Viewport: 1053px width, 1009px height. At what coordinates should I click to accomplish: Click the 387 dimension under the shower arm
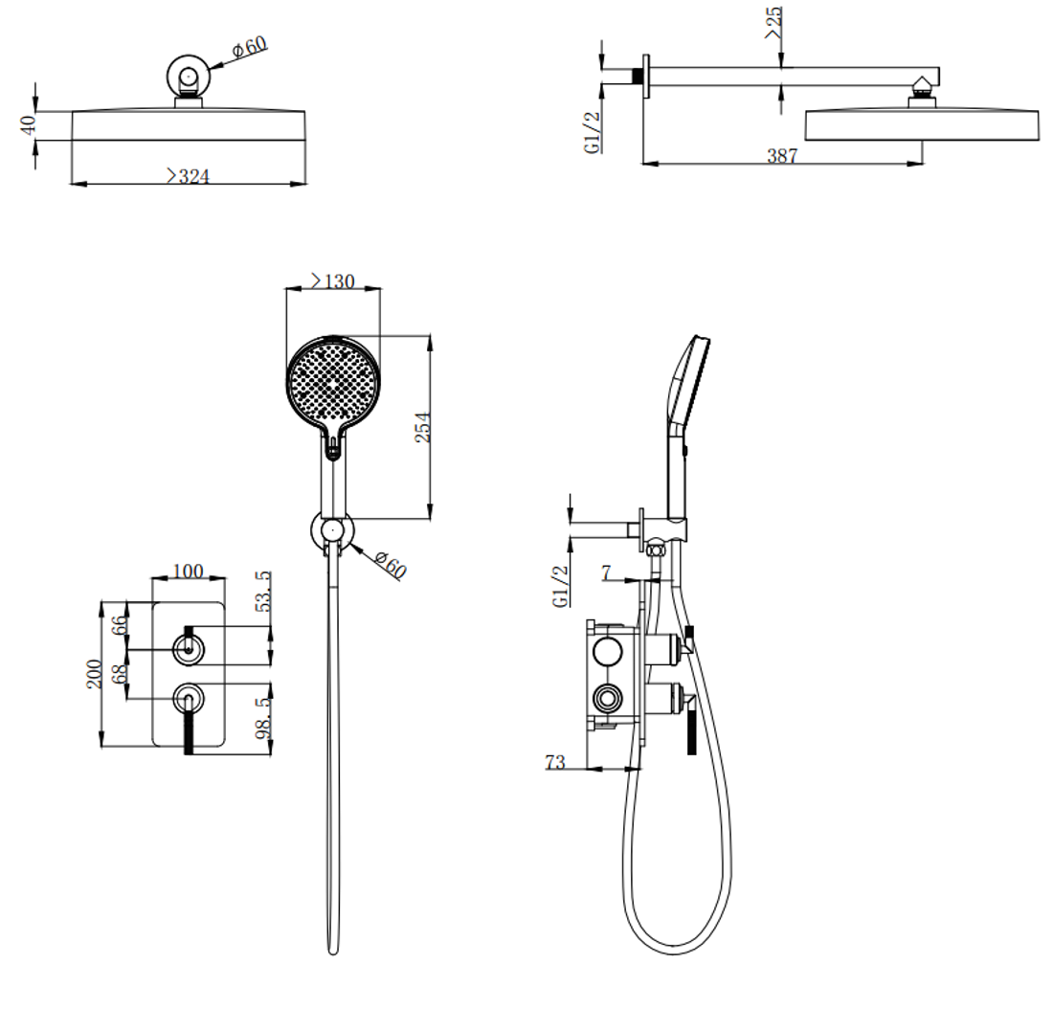click(782, 156)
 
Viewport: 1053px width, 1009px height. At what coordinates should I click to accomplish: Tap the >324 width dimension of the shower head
click(188, 176)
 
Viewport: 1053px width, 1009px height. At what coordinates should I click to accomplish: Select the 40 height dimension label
click(28, 125)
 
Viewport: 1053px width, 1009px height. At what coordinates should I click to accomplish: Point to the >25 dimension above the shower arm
click(773, 22)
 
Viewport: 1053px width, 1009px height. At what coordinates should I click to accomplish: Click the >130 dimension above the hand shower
click(332, 280)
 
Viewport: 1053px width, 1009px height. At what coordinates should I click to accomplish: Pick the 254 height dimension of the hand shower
click(422, 427)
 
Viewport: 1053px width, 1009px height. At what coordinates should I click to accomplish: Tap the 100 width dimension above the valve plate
click(188, 571)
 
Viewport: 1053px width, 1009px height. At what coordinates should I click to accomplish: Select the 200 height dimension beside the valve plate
click(94, 674)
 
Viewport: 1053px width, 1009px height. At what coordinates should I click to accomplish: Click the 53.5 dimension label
click(264, 592)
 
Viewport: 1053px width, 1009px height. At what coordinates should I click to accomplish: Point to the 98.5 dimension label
click(264, 718)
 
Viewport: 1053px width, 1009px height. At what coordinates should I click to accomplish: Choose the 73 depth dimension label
click(554, 762)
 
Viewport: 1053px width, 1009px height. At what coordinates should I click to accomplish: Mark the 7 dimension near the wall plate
click(606, 572)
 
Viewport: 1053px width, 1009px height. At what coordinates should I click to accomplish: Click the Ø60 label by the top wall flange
click(249, 47)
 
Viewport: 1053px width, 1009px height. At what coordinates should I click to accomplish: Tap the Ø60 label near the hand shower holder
click(391, 564)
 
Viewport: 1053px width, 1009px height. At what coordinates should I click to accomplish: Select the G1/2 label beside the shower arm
click(592, 132)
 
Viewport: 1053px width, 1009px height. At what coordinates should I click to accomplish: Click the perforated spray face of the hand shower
click(333, 381)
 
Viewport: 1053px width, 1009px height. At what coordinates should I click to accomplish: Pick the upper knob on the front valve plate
click(188, 649)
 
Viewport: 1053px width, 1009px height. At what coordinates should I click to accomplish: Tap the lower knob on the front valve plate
click(188, 699)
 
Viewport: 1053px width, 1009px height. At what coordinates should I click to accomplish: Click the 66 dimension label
click(119, 625)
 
